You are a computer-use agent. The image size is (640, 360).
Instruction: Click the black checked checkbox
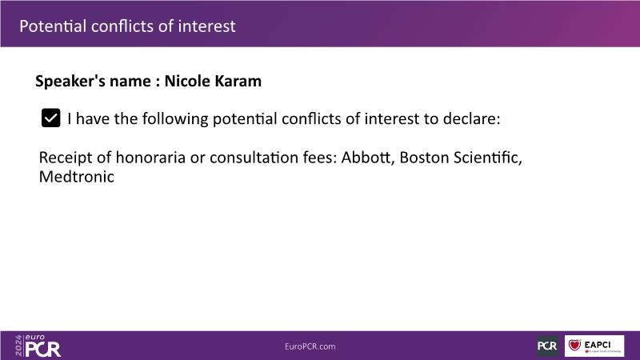50,118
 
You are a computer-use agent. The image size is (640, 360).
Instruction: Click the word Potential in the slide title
53,26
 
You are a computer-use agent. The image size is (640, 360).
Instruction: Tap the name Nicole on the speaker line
187,81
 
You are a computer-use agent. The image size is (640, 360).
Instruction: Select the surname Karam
238,81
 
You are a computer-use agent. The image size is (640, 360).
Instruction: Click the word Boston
424,157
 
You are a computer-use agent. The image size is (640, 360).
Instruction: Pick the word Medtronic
76,177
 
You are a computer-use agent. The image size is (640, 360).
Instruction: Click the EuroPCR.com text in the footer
310,346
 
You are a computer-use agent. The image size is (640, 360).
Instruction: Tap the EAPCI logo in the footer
594,346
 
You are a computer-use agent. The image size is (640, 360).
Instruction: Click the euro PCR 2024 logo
38,346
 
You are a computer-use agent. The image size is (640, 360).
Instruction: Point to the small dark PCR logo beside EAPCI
547,346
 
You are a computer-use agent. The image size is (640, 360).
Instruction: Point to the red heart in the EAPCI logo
574,345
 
